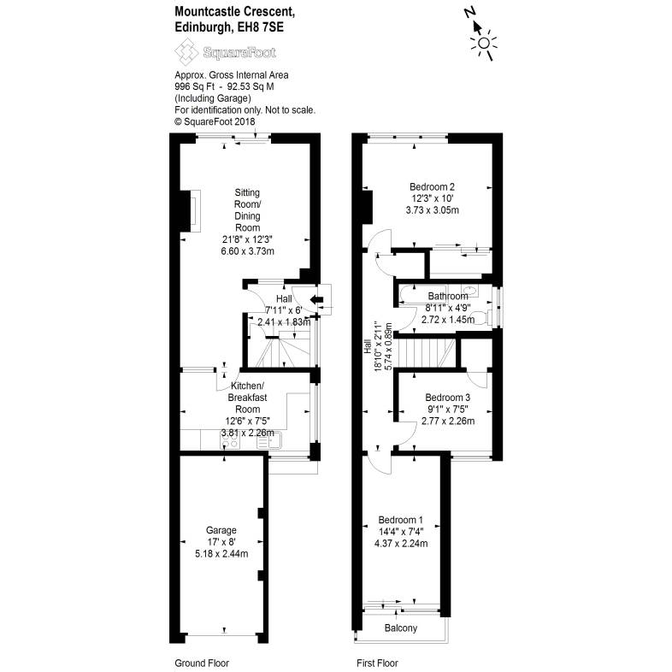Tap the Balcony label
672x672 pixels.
401,629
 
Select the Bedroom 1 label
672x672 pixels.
401,520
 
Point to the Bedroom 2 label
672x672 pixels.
431,187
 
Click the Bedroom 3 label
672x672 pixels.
448,398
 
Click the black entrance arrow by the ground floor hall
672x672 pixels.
316,299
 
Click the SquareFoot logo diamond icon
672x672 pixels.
185,53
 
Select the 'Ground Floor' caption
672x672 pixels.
202,663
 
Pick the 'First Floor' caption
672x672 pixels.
377,663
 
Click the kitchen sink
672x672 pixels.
258,442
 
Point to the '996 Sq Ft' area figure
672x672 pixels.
192,86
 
